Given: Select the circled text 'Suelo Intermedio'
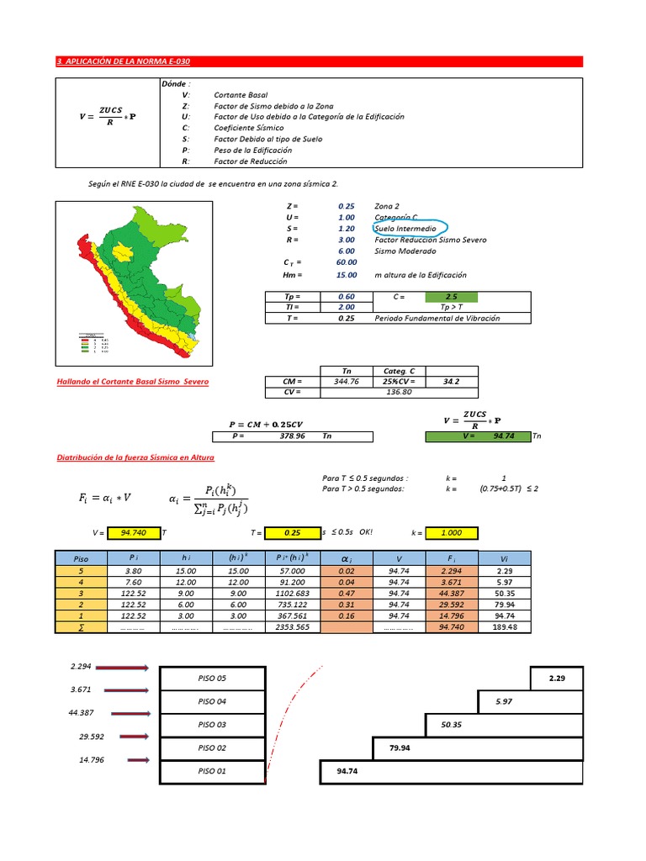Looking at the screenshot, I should (405, 228).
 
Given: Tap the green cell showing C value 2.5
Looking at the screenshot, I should (451, 297).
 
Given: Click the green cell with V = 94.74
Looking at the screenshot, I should (477, 436).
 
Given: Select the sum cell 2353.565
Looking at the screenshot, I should (292, 626).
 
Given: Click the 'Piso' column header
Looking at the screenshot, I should (81, 557).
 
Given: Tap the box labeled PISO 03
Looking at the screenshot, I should (212, 724).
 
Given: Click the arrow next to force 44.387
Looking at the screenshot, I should (126, 714).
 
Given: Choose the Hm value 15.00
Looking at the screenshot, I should (347, 275).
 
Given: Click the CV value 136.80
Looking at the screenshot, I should (399, 392).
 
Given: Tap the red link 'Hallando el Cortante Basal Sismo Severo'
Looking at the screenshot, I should (132, 382).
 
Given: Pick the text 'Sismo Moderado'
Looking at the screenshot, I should (405, 251).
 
